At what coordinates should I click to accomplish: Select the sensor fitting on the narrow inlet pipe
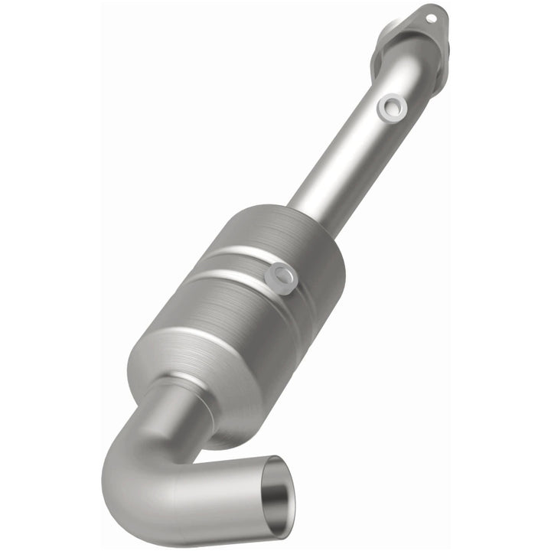click(x=392, y=109)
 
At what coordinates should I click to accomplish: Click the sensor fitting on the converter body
click(x=281, y=276)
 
